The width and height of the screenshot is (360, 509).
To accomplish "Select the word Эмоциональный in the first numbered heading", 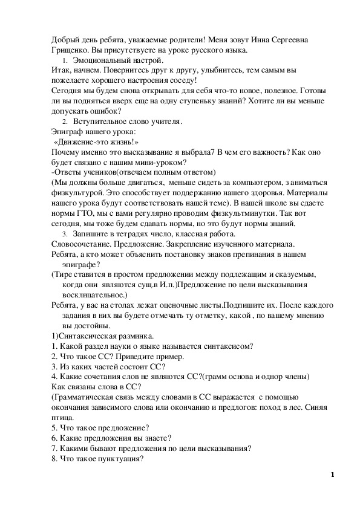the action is click(x=101, y=62).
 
